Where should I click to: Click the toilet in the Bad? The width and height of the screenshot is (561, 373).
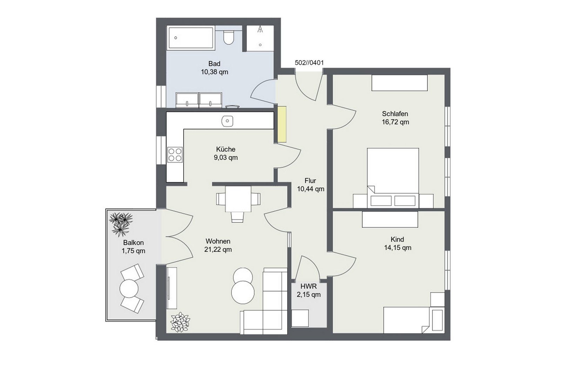point(228,37)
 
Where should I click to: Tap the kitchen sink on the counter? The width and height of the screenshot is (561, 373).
point(227,121)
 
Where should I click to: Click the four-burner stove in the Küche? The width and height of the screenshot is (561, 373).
point(175,154)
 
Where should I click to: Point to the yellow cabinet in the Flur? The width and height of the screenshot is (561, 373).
point(282,124)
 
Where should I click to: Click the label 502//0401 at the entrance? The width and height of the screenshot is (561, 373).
point(309,63)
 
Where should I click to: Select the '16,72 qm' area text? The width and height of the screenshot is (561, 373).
point(395,122)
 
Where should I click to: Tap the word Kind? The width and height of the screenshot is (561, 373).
point(397,240)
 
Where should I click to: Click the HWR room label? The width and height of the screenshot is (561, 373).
point(309,286)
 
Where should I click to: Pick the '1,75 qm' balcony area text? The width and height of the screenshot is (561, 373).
point(134,251)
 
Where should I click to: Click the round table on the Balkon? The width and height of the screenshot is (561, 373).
point(129,289)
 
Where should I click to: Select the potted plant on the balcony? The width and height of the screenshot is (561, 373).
point(121,224)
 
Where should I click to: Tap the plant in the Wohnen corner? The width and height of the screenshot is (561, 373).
point(180,322)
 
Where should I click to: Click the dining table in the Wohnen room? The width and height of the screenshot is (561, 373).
point(238,199)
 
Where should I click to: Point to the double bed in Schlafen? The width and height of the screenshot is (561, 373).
point(393,178)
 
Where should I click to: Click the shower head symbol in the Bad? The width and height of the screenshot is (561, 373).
point(260,29)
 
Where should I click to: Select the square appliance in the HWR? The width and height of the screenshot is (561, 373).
point(300,318)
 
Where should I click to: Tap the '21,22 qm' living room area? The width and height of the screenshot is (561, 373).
point(218,249)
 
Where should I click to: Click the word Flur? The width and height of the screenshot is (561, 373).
point(310,181)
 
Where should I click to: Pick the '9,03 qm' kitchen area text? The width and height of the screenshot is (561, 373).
point(226,158)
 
